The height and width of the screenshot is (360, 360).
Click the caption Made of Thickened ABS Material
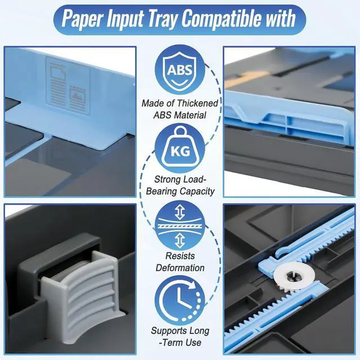coord(180,109)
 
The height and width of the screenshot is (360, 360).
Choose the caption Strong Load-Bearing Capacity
coord(180,185)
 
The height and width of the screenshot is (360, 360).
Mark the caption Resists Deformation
coord(180,261)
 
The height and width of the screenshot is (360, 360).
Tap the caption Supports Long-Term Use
coord(180,336)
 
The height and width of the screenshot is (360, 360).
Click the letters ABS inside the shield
coord(179,71)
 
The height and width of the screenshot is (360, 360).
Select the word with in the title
coord(282,18)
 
